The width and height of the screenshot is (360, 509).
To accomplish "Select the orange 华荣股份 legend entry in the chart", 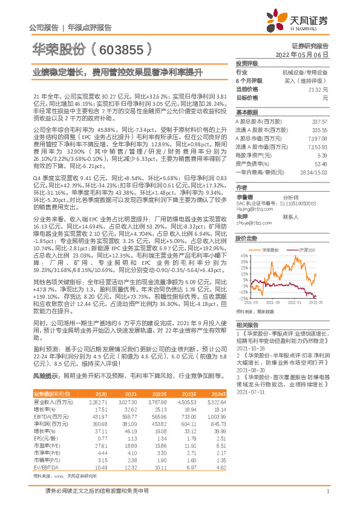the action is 272,249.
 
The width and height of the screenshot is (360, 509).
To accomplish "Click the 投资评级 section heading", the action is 247,63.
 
